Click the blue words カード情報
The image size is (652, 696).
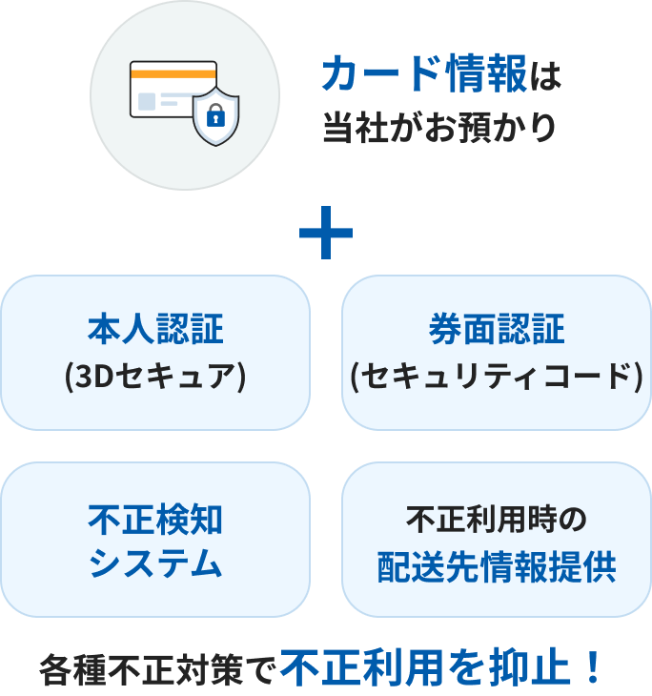tap(424, 75)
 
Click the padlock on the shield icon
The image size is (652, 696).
tap(215, 118)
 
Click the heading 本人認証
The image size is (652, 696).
tap(155, 331)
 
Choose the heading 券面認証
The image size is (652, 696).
tap(496, 331)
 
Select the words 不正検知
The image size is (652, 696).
tap(155, 520)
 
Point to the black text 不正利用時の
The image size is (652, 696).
tap(496, 520)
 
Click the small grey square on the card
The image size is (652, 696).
tap(146, 100)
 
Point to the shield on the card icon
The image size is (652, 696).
tap(215, 116)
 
